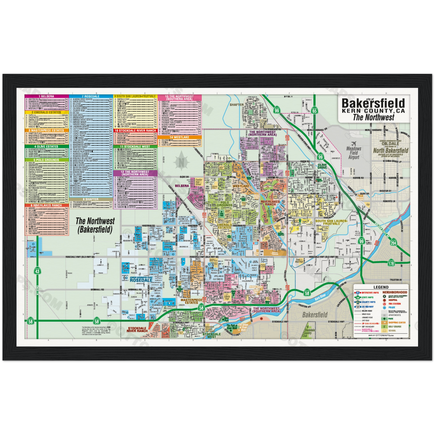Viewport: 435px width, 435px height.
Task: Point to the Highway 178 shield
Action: pos(390,264)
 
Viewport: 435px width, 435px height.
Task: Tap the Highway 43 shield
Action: pos(38,270)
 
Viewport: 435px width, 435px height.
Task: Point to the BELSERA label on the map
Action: pos(182,186)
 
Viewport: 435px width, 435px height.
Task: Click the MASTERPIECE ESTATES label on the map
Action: pos(190,301)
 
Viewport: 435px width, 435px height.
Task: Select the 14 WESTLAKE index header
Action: pos(179,138)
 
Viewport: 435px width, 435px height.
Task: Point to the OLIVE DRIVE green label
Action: pos(323,166)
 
